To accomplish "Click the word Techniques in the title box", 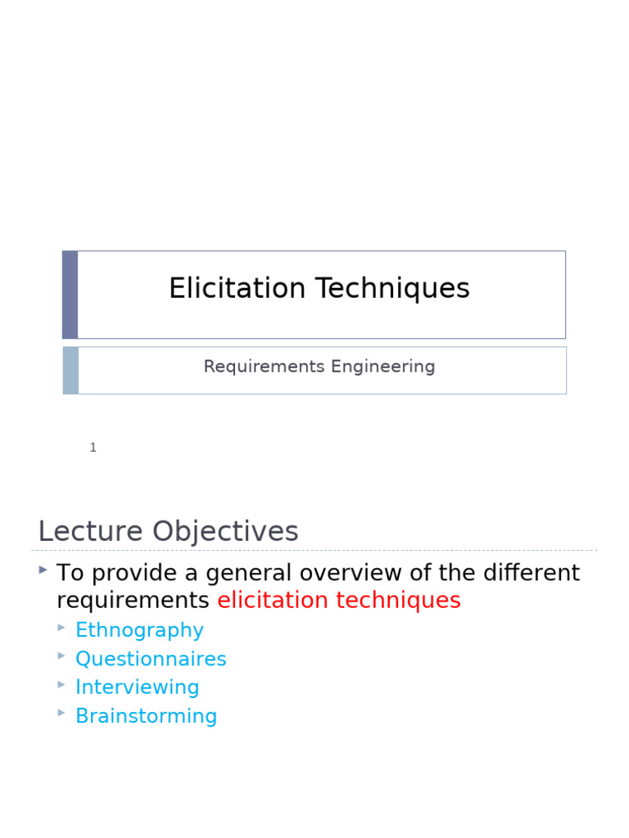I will [393, 289].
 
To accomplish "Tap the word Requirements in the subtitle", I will [252, 367].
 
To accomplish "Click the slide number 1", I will [93, 448].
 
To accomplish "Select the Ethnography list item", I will [139, 630].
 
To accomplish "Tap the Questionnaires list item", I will [151, 659].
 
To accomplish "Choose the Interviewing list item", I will [138, 687].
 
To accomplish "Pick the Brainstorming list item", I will [146, 716].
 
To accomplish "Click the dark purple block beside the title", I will [70, 295].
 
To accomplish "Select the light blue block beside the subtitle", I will [70, 371].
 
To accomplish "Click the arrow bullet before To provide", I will [43, 569].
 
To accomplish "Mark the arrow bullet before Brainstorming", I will [61, 713].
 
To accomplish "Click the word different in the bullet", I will [532, 573].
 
